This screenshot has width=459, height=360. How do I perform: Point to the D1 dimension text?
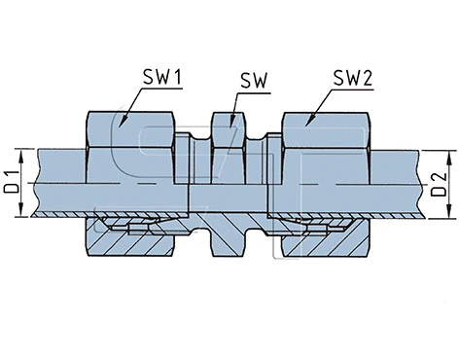tap(11, 182)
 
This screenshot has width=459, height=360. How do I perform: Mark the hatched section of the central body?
tap(227, 234)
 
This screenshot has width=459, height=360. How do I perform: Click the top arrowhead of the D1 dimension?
tap(21, 151)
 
